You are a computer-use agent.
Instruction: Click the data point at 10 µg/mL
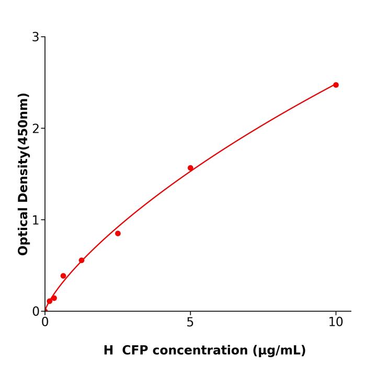tap(336, 85)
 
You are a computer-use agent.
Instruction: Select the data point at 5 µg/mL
tap(190, 168)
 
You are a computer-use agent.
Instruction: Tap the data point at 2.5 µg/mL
tap(118, 233)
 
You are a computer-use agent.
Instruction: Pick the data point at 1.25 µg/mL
tap(82, 260)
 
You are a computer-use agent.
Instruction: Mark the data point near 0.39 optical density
tap(63, 276)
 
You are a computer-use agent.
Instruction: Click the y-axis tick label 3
tap(36, 37)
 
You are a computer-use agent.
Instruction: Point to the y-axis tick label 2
tap(36, 128)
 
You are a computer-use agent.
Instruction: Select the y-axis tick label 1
tap(36, 220)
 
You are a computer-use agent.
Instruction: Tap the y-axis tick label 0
tap(36, 312)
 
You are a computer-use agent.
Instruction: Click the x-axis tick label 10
tap(336, 322)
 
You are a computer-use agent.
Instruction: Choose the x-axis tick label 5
tap(190, 322)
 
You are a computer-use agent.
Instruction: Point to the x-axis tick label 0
tap(45, 322)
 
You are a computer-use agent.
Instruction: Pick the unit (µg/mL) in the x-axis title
tap(280, 350)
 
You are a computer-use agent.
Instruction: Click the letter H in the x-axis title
tap(108, 350)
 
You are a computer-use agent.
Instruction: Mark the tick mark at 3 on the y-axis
tap(43, 37)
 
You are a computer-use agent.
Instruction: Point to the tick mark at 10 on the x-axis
tap(336, 313)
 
